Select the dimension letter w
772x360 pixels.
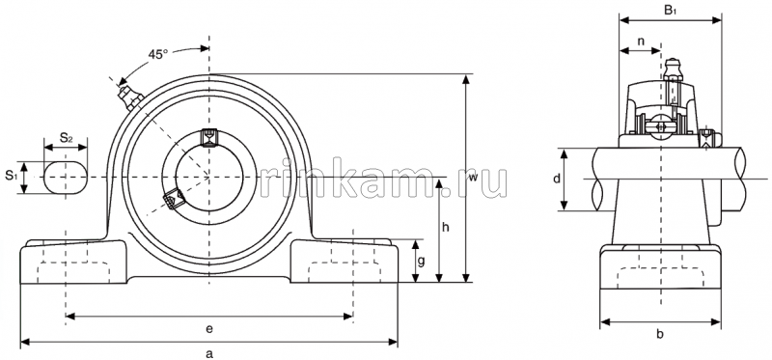[473, 179]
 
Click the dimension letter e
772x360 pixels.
[208, 327]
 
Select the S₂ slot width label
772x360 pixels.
[67, 138]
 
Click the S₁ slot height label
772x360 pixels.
[11, 176]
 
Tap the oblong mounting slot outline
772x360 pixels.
[67, 178]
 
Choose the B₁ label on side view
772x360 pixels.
[670, 10]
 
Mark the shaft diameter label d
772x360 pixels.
[557, 180]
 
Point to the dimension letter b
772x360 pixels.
[660, 334]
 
